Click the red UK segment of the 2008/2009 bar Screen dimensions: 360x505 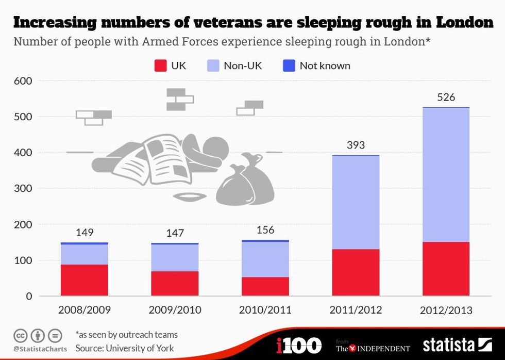(85, 280)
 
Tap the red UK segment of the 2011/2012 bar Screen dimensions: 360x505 (356, 272)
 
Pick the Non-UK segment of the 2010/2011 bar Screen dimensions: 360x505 (265, 259)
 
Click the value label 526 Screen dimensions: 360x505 (446, 97)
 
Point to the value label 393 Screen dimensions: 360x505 (356, 145)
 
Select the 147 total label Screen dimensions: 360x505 (175, 233)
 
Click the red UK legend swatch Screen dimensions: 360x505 (160, 66)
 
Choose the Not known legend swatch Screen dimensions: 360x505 (289, 66)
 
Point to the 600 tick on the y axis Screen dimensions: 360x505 (23, 81)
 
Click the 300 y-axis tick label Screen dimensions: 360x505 (23, 189)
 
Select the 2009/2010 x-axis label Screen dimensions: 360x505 (175, 310)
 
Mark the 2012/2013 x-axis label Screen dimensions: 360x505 (446, 310)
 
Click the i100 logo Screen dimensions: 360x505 (298, 345)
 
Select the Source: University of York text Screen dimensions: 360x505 (125, 348)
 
